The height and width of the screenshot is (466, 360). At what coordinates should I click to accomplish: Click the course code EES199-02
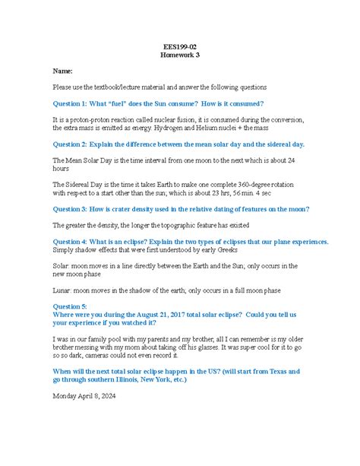tap(180, 46)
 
